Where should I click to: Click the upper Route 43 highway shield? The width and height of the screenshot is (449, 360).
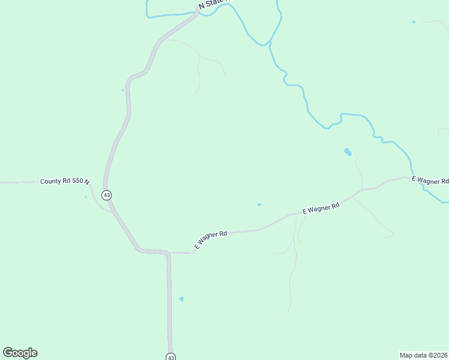[x=106, y=195]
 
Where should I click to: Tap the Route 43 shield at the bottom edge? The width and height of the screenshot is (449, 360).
[x=171, y=356]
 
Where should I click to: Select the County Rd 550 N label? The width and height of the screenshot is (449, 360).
[x=65, y=181]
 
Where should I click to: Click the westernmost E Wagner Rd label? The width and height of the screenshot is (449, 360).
[x=211, y=239]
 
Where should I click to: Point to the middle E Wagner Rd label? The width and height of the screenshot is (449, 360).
[x=321, y=208]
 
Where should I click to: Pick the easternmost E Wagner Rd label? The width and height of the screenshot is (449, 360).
[x=430, y=179]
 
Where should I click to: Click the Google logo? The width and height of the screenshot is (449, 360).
[x=20, y=353]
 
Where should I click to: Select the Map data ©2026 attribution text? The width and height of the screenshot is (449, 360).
[x=423, y=355]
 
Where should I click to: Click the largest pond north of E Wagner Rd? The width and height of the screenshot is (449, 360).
[x=348, y=152]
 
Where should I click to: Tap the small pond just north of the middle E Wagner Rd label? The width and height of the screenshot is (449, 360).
[x=259, y=205]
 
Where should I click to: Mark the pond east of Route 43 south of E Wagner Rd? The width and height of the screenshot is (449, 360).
[x=181, y=299]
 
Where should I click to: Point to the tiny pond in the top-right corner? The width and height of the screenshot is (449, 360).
[x=413, y=22]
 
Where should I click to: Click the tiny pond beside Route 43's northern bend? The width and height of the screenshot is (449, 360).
[x=122, y=91]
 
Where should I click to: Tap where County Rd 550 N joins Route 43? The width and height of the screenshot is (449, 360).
[x=106, y=181]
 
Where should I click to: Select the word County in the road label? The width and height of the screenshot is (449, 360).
[x=51, y=181]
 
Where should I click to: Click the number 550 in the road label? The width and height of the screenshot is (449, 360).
[x=77, y=181]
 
